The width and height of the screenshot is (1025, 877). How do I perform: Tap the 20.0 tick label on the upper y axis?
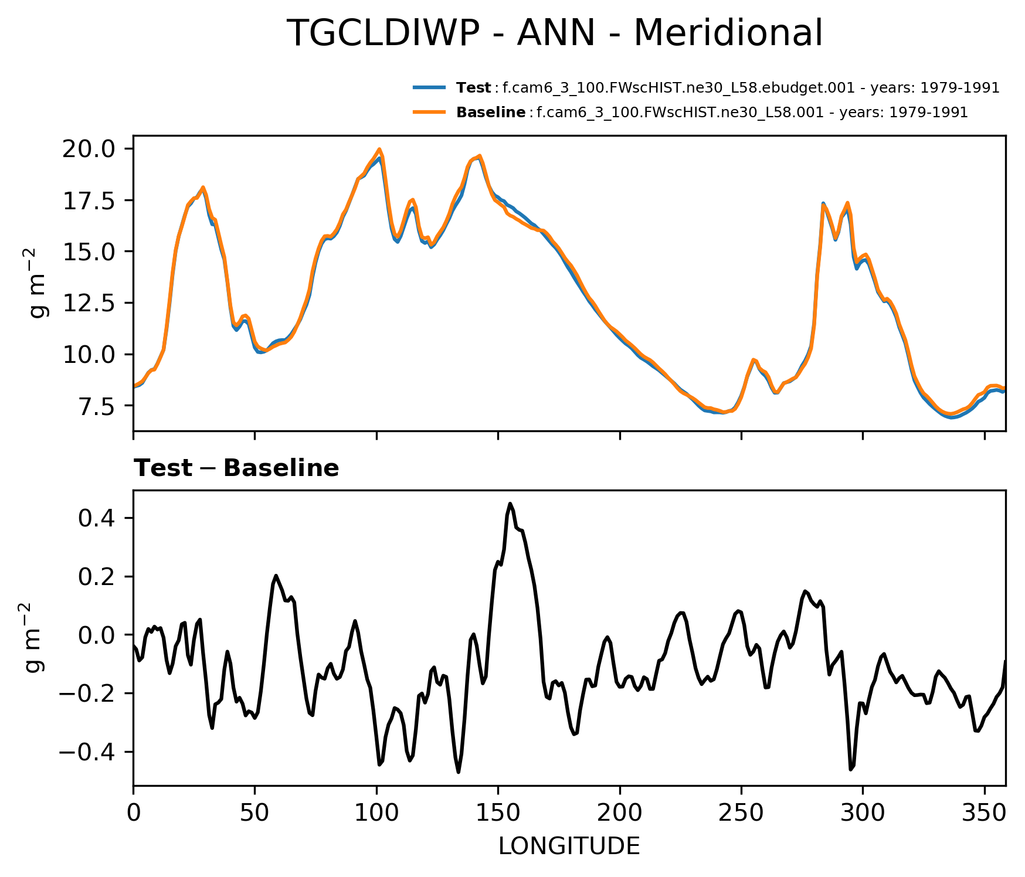click(89, 149)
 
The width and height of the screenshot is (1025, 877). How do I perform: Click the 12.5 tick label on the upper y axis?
click(89, 303)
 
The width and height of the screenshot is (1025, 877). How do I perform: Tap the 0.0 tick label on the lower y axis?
click(97, 635)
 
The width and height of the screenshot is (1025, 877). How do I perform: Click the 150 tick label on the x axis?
click(498, 813)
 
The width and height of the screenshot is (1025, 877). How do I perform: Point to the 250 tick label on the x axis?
click(741, 813)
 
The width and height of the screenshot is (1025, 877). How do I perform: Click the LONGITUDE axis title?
click(569, 847)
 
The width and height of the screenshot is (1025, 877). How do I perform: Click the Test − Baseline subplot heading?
click(236, 468)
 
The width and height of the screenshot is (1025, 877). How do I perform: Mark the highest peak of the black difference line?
click(510, 504)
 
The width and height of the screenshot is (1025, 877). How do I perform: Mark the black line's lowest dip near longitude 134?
click(459, 772)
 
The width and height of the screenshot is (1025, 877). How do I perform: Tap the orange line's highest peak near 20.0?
click(379, 149)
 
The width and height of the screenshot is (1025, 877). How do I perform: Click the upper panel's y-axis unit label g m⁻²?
click(39, 283)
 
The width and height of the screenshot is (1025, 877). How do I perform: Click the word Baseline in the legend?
click(491, 112)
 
